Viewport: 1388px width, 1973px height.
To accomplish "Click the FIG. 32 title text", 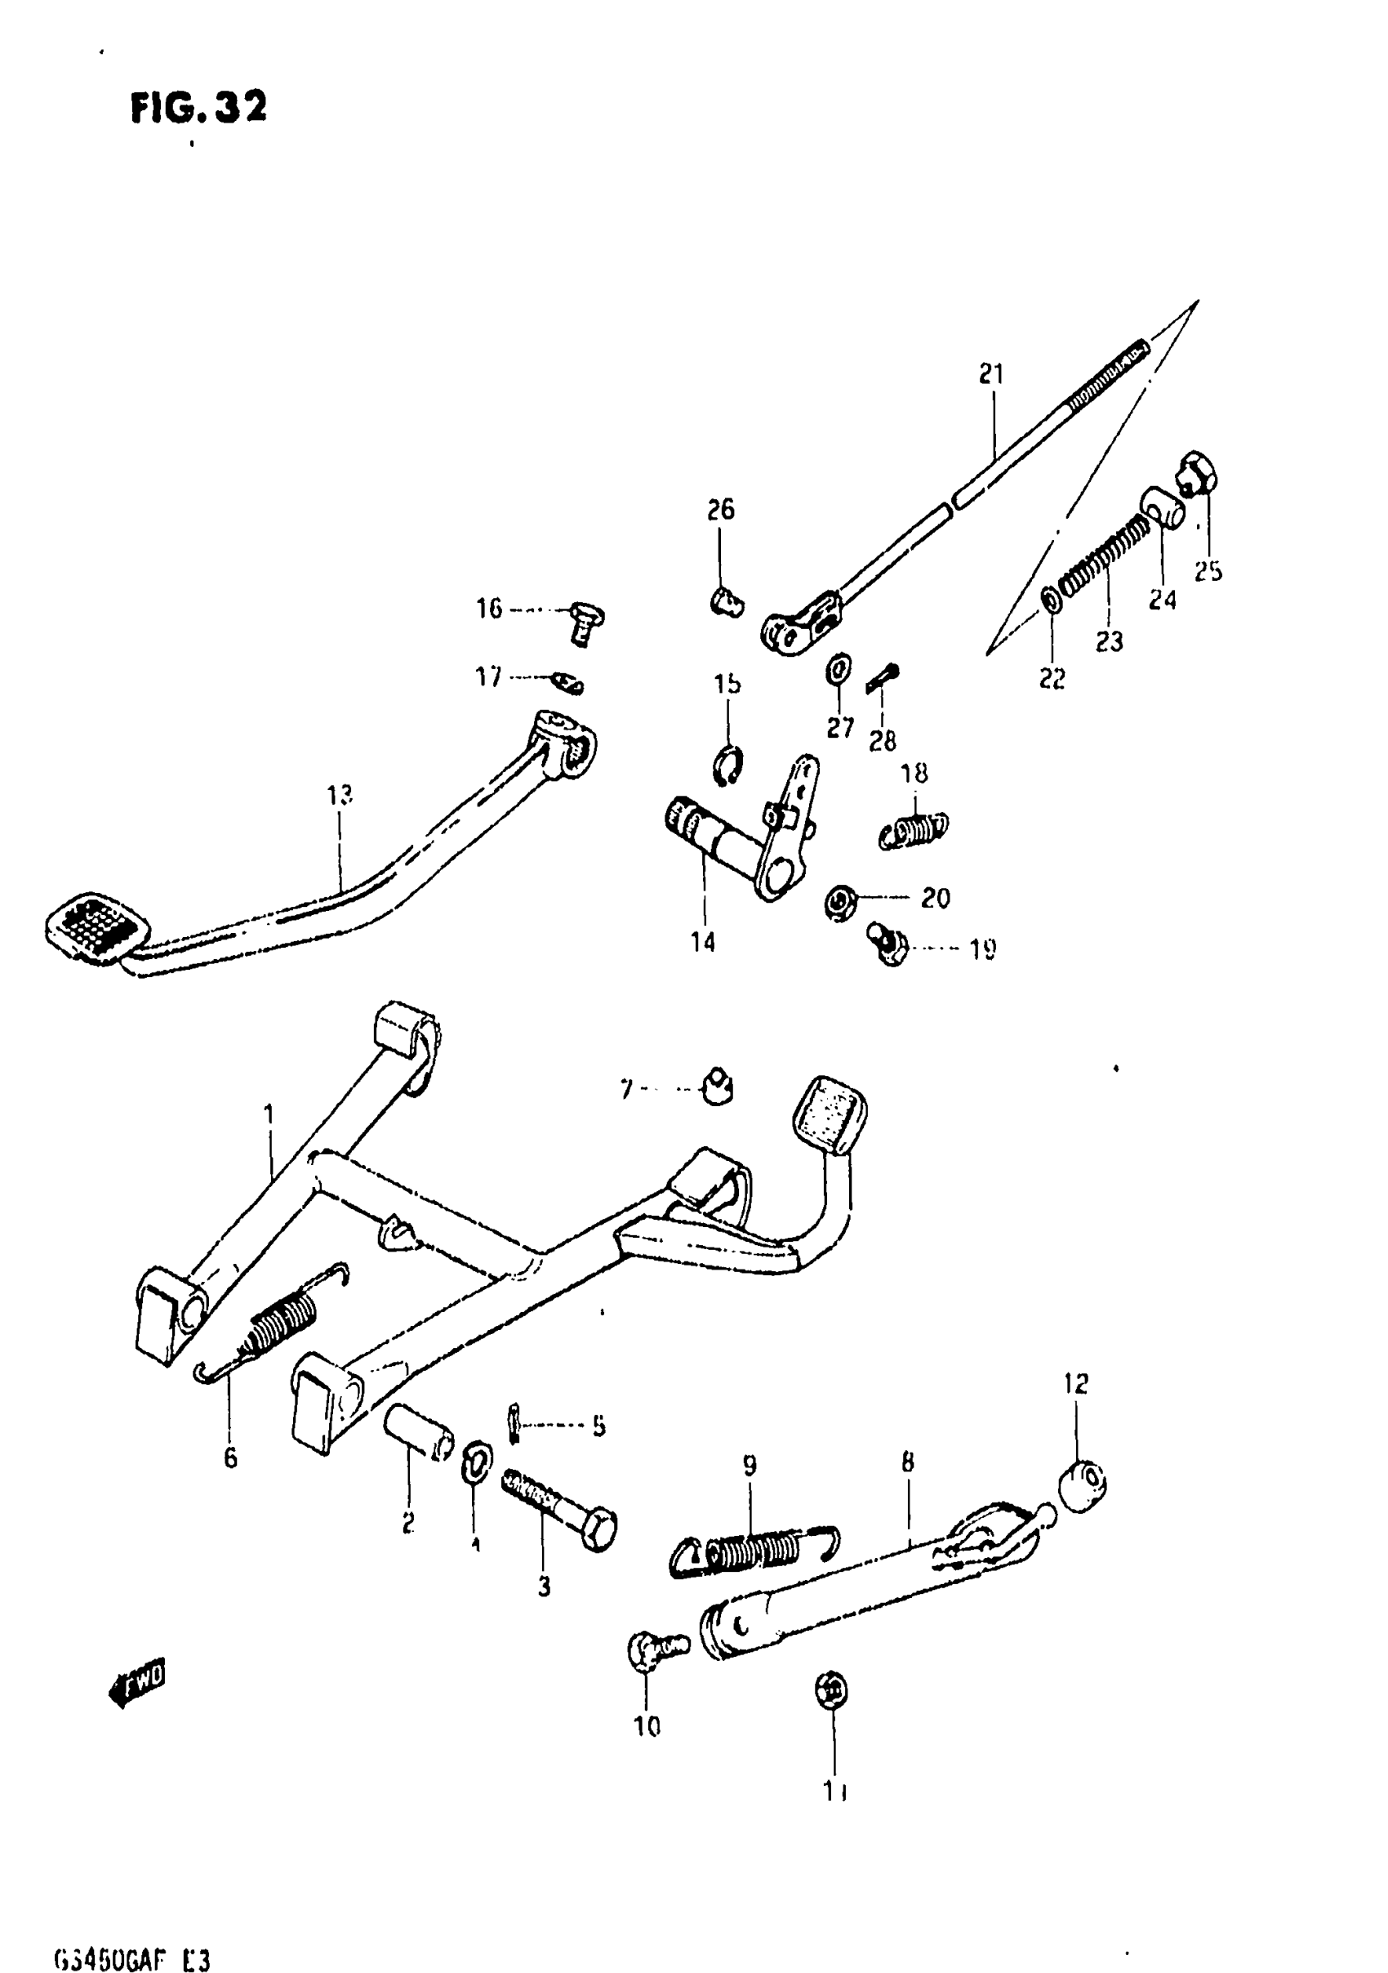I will click(x=198, y=107).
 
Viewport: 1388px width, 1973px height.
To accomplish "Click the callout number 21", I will click(x=991, y=374).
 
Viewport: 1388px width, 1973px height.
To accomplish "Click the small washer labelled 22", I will click(x=1051, y=600).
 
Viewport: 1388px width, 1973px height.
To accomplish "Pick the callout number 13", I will click(x=340, y=795).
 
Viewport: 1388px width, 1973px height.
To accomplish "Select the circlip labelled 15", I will click(x=728, y=764).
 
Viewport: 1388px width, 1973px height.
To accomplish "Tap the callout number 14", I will click(x=703, y=942).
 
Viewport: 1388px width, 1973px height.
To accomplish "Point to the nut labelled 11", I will click(x=830, y=1691).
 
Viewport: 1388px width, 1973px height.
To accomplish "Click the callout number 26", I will click(x=721, y=510).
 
